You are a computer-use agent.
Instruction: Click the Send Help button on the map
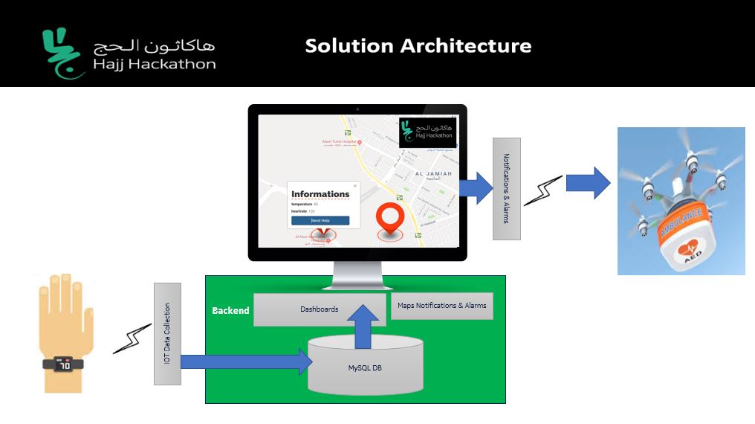coord(320,220)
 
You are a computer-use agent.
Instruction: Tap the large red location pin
coord(388,219)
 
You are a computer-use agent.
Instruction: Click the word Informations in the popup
coord(320,194)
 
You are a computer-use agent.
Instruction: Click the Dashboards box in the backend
coord(319,309)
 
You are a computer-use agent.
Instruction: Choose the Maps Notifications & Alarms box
coord(441,305)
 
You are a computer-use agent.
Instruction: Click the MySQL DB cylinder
coord(366,367)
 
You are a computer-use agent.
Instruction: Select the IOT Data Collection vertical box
coord(167,333)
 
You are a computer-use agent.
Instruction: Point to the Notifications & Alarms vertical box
coord(506,189)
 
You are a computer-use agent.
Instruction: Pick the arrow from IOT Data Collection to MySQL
coord(245,362)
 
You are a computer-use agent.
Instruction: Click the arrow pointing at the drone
coord(588,183)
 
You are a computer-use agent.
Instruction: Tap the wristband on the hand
coord(65,364)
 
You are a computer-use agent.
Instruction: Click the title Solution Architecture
coord(418,46)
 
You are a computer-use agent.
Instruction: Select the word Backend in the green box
coord(230,310)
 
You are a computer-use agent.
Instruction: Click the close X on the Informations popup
coord(354,186)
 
